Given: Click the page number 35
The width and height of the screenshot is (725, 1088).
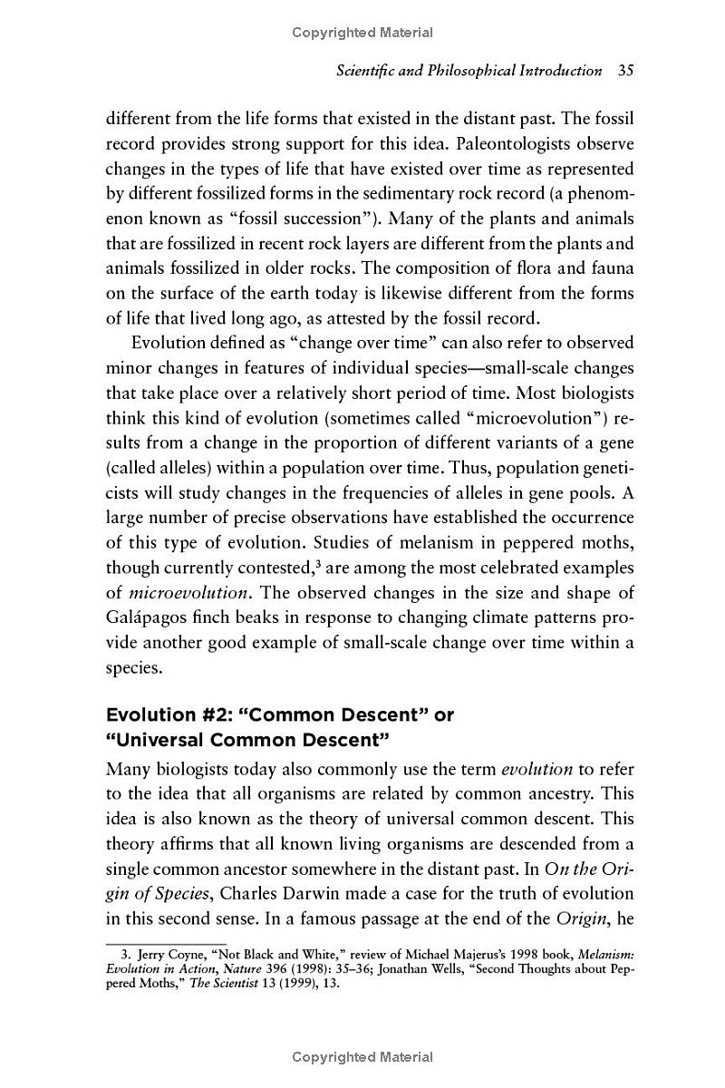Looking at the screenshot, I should point(624,71).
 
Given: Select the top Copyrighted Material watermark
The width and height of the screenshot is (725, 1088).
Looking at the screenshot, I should point(362,33).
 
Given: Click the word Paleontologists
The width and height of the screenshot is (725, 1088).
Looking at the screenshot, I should point(519,144).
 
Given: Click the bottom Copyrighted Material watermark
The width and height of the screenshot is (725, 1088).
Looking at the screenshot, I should point(362,1057).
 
